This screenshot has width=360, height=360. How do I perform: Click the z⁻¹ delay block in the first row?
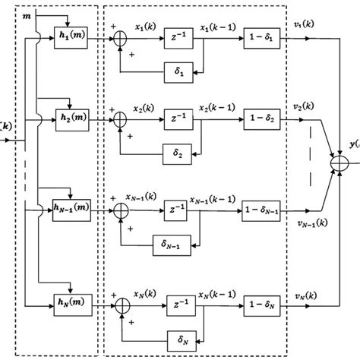click(x=180, y=38)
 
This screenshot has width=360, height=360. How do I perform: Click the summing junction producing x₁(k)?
click(x=122, y=38)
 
